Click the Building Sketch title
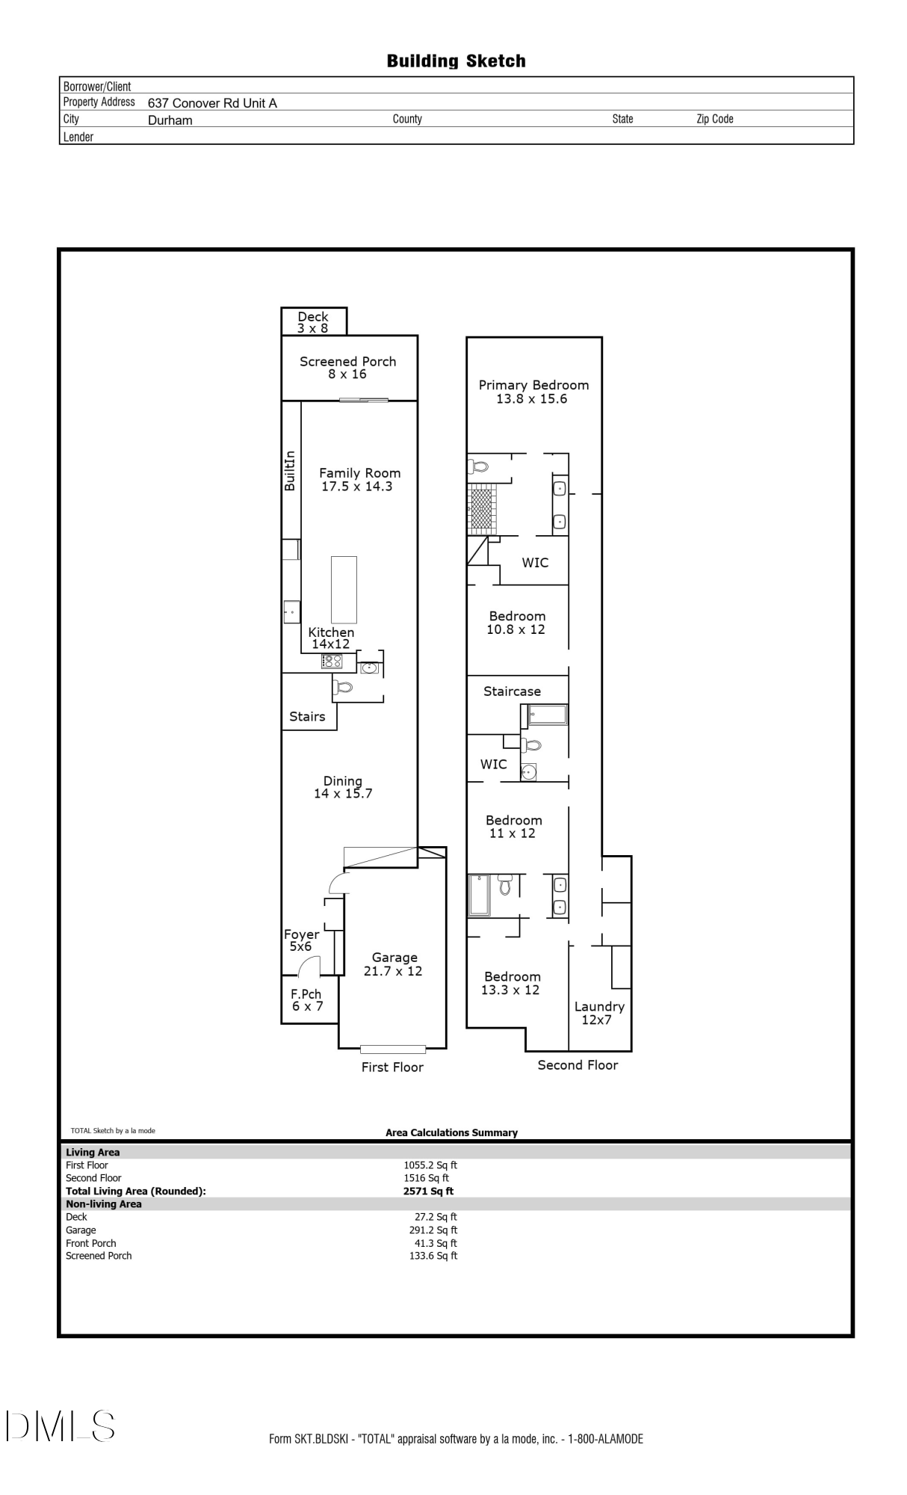[456, 61]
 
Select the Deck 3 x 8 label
[313, 322]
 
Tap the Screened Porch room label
[348, 367]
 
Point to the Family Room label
[359, 479]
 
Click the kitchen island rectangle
[344, 589]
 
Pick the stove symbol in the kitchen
[332, 661]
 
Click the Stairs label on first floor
[307, 716]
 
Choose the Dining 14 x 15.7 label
[343, 787]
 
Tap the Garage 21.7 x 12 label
[394, 964]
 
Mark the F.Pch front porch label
[306, 999]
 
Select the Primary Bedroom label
[533, 392]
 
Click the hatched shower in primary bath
[482, 509]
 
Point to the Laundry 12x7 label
[599, 1013]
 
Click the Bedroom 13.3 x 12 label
[512, 983]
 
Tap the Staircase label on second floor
[512, 691]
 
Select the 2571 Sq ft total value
[428, 1192]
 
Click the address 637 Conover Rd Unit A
[212, 103]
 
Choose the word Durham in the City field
[170, 120]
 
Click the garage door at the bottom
[393, 1049]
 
